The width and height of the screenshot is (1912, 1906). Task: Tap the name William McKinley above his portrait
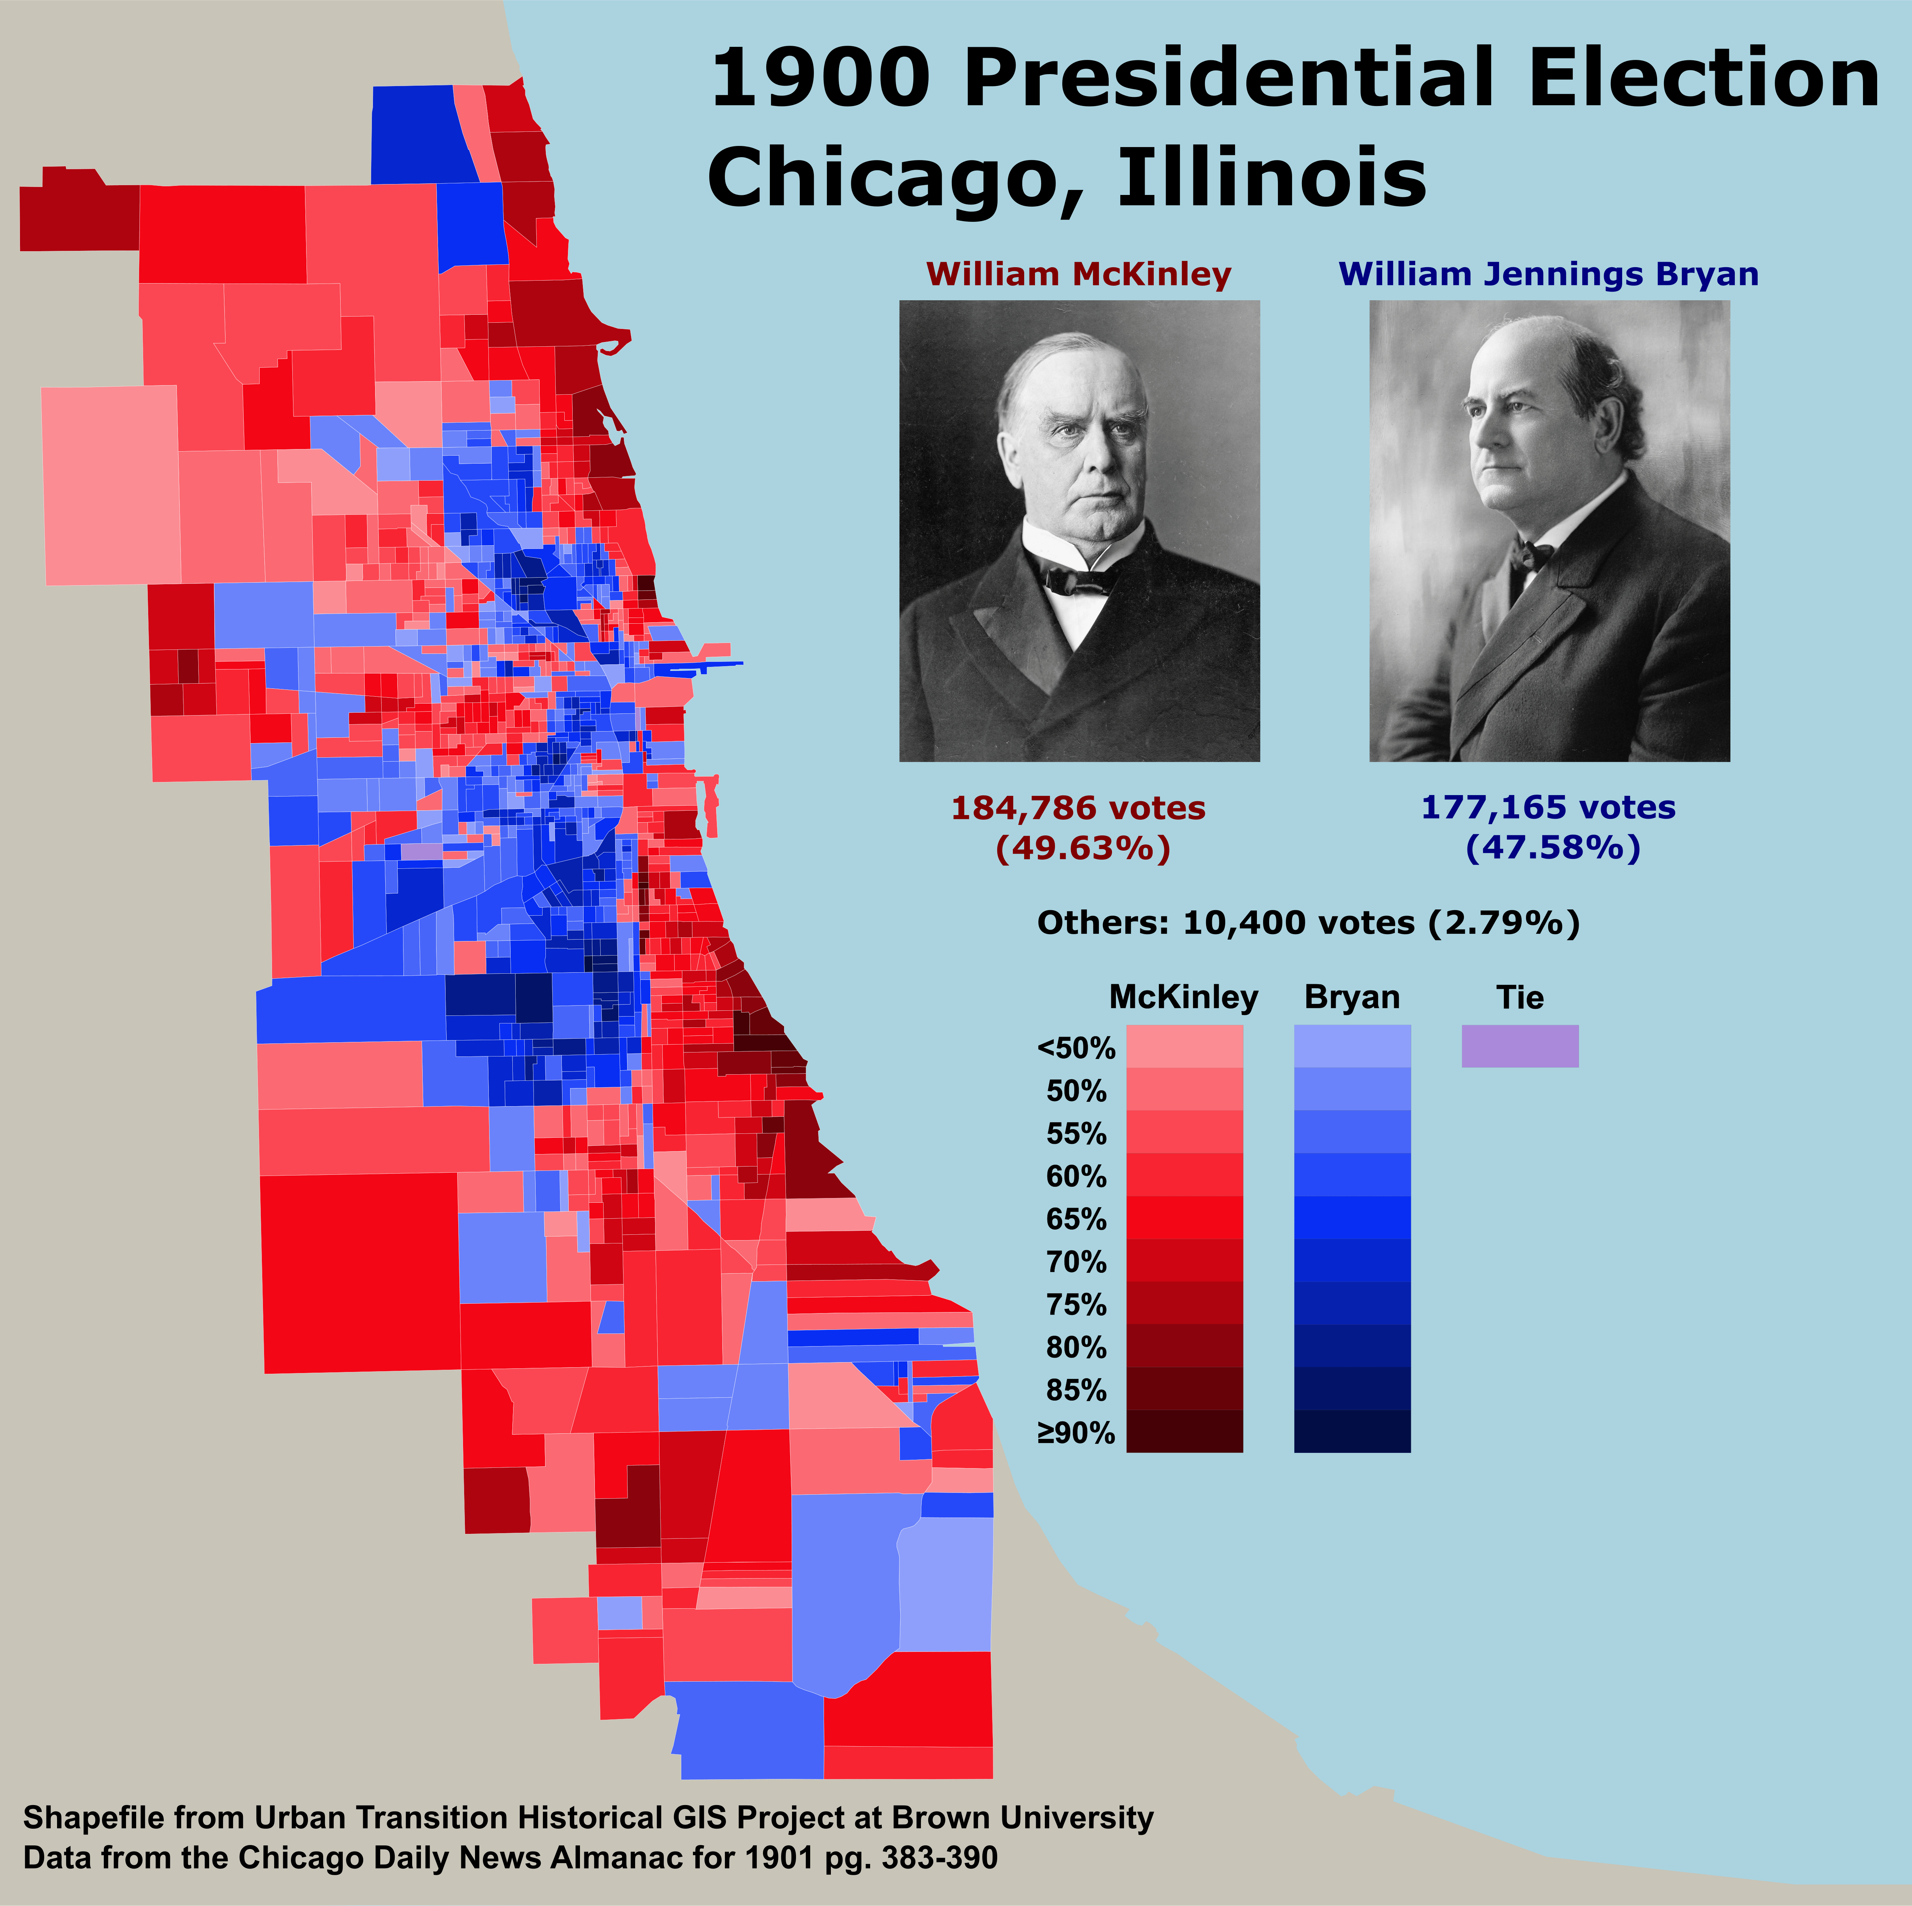[1079, 274]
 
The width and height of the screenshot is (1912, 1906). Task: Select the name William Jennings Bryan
[1549, 274]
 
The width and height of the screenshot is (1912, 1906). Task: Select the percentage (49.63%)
[1083, 848]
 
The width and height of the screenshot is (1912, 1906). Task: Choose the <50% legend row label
[1076, 1048]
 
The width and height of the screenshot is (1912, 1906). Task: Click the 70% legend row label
[1076, 1262]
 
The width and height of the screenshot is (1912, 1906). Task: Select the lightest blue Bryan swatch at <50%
[1352, 1046]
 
